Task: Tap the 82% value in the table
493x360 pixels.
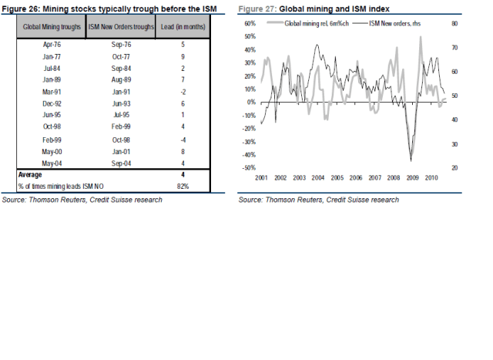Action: pos(182,186)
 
